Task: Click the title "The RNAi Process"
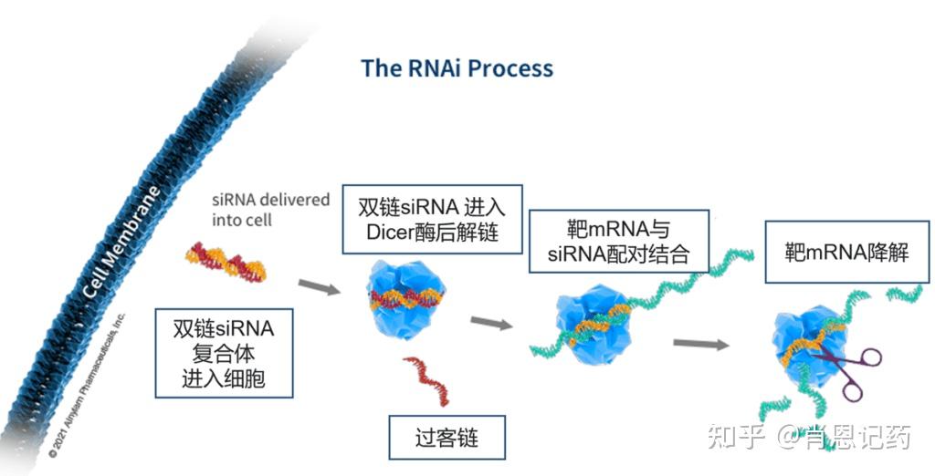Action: [457, 67]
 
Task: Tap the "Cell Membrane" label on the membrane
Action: [121, 243]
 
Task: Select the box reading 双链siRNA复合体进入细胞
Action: [224, 352]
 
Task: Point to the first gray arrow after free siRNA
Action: [319, 287]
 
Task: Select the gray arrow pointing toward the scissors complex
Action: [700, 344]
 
